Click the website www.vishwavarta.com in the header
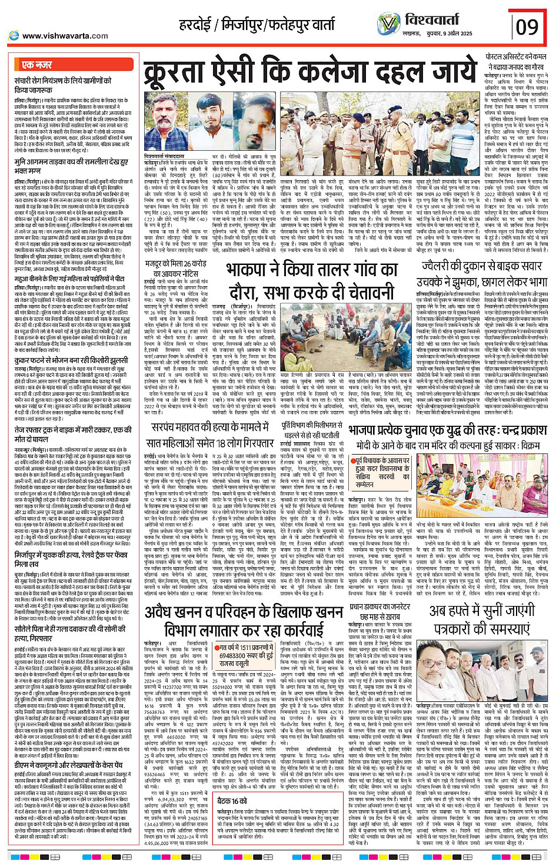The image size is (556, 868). [58, 35]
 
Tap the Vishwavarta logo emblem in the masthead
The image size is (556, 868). [389, 24]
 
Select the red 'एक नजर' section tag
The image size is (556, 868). [36, 65]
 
